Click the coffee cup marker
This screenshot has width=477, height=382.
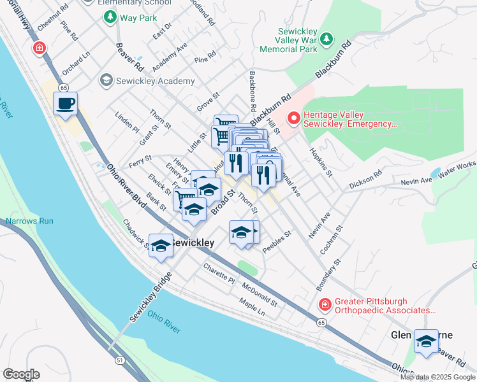66,104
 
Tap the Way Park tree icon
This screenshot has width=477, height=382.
111,17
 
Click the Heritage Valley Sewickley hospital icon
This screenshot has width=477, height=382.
294,118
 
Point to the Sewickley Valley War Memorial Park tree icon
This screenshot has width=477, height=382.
327,39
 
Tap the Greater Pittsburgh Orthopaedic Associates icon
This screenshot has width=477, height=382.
325,305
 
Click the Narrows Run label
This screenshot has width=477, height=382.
29,221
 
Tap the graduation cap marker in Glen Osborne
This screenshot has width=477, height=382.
426,342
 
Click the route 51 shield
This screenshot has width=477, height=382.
119,359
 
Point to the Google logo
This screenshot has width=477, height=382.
21,374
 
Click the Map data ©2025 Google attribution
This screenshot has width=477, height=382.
437,377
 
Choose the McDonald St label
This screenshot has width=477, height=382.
260,294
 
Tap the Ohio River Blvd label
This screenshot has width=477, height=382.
126,188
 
